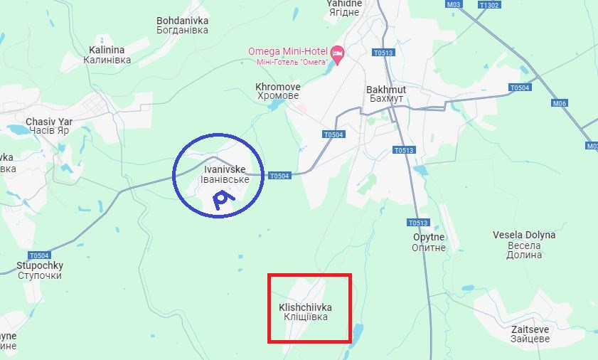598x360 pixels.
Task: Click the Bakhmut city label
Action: tap(386, 94)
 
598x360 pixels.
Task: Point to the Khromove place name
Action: tap(277, 91)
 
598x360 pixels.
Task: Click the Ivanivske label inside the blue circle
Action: tap(225, 174)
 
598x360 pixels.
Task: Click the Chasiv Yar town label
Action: tap(47, 126)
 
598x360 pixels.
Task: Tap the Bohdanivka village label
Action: tap(182, 26)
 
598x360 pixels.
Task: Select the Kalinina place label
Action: tap(107, 55)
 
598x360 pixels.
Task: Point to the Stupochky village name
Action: tap(39, 270)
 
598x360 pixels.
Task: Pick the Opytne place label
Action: tap(429, 242)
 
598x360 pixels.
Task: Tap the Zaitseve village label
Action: tap(530, 334)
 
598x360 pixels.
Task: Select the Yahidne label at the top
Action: tap(344, 5)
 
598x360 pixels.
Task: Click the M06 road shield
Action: tap(560, 103)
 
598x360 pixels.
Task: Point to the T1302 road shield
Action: tap(489, 4)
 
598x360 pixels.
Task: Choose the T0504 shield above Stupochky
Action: tap(39, 255)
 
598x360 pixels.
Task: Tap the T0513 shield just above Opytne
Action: tap(417, 222)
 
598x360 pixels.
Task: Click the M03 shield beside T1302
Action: tap(454, 4)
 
